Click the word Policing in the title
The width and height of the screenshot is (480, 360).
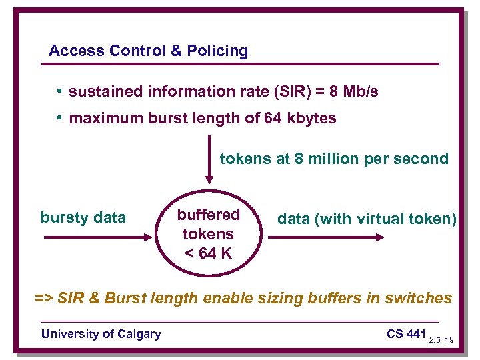point(217,51)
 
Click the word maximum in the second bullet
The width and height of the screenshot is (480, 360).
point(101,119)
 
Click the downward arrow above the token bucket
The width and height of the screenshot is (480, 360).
point(209,160)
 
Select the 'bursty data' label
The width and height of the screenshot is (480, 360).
point(83,217)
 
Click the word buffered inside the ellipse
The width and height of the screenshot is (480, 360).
point(208,215)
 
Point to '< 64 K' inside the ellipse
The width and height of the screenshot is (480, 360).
point(208,253)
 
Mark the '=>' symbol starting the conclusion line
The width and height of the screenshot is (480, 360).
point(44,298)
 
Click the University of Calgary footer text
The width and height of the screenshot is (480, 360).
point(101,334)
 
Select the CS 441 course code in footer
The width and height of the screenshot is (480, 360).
point(406,333)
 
